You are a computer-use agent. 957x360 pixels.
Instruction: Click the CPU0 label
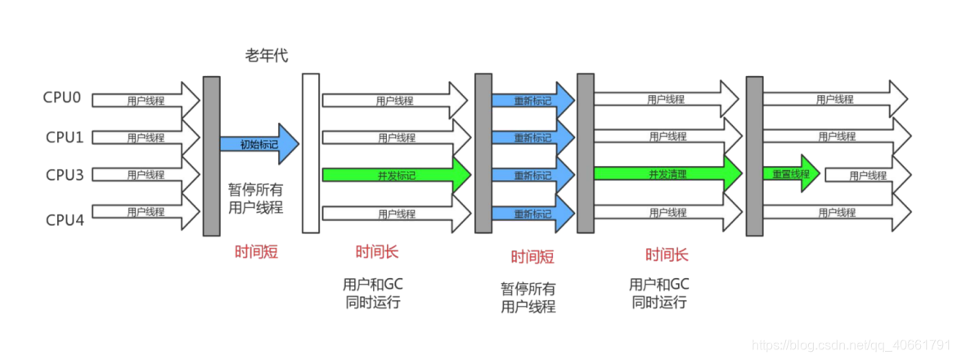point(62,97)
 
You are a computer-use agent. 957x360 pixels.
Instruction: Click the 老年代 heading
point(267,56)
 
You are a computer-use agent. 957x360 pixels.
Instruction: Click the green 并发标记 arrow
point(395,175)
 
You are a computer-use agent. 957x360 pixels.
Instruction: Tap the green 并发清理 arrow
point(666,173)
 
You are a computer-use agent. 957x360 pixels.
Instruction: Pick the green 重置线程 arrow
point(791,174)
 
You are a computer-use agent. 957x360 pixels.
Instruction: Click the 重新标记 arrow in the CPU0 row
point(532,100)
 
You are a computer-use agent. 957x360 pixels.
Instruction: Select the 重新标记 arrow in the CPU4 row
point(532,214)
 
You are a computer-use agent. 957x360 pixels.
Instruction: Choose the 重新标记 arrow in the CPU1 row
point(532,137)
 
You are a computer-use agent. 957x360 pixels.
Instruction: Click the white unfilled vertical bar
point(310,153)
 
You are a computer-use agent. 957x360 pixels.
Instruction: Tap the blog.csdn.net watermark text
point(851,347)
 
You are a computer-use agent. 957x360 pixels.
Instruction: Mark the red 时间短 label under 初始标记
point(257,252)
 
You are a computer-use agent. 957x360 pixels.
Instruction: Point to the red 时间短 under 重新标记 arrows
point(532,257)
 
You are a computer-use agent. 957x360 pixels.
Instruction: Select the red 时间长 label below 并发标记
point(376,252)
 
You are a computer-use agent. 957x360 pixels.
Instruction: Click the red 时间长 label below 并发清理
point(667,254)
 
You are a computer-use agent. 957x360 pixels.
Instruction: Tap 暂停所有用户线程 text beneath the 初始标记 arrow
point(255,198)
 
